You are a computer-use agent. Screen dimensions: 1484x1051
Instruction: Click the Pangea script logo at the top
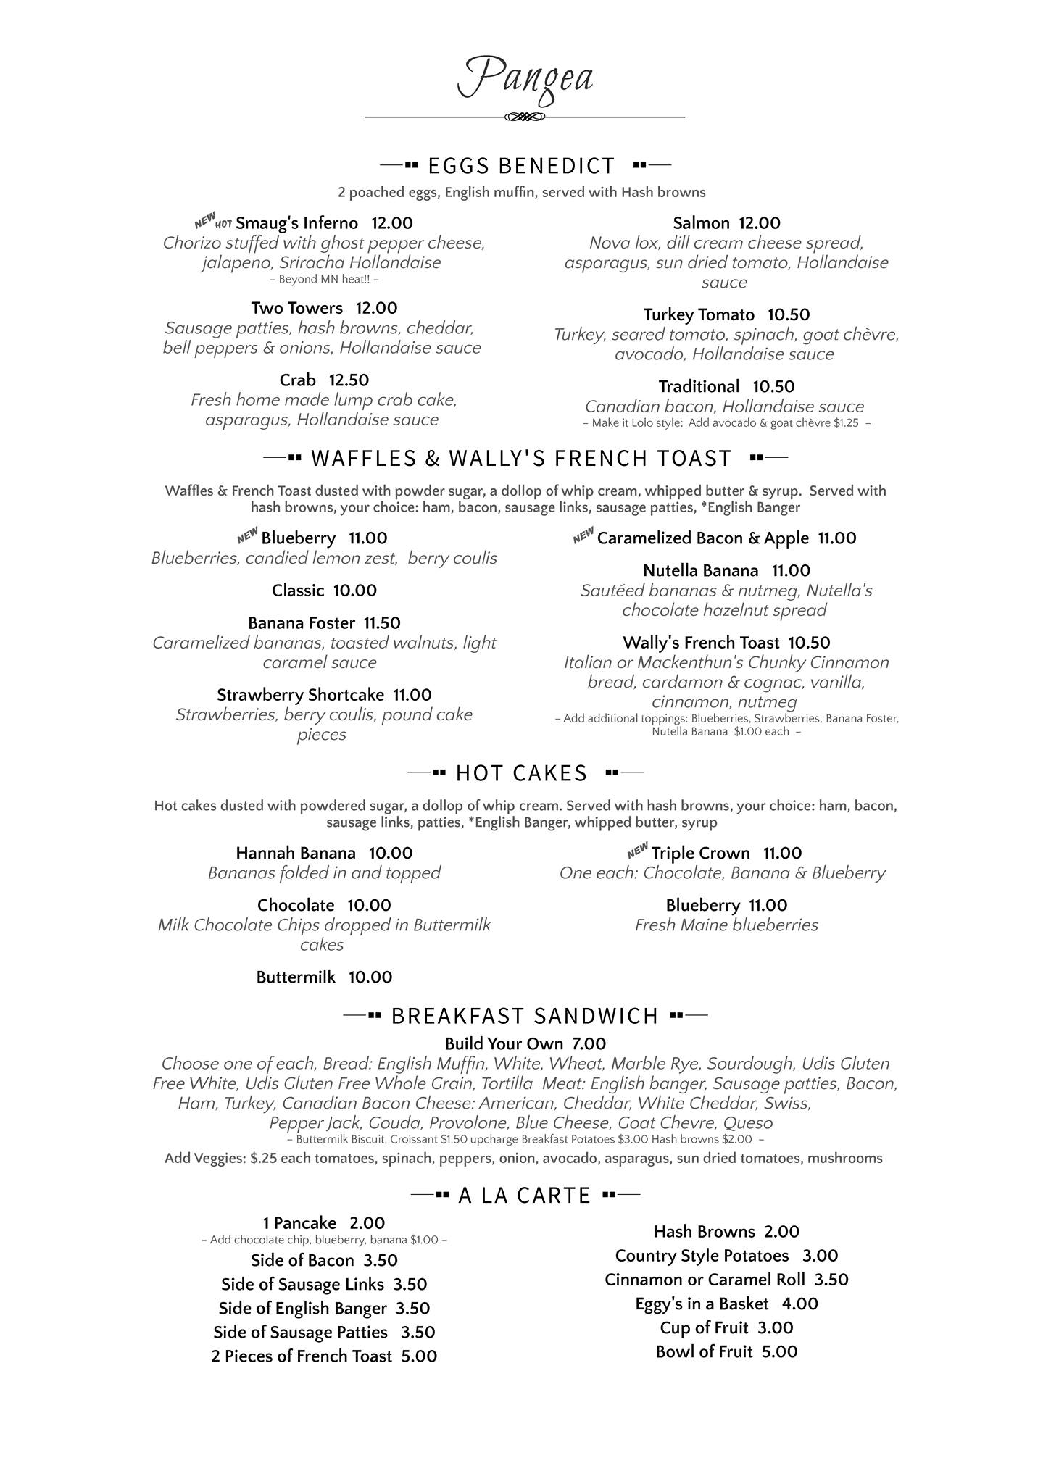click(x=525, y=78)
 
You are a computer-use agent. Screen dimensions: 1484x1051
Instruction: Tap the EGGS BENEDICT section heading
click(x=521, y=166)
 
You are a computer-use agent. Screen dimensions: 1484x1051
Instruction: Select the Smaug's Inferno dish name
click(x=296, y=222)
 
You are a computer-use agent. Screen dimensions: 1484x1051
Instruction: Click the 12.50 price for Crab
click(x=349, y=380)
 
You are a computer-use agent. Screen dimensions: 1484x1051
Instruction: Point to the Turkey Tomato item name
click(x=699, y=314)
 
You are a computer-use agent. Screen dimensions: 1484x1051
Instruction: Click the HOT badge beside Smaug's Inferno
click(x=224, y=225)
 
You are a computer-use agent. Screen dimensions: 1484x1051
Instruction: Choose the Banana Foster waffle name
click(x=302, y=623)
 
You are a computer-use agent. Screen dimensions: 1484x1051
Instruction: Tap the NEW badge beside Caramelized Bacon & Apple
click(x=583, y=536)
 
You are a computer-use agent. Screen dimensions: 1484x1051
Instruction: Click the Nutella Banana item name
click(x=700, y=571)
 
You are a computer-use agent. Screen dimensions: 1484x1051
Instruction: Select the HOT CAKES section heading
click(x=521, y=773)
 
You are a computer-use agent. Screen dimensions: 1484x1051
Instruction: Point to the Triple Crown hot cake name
click(x=700, y=854)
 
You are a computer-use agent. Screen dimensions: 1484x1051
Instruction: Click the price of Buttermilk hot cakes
click(x=370, y=977)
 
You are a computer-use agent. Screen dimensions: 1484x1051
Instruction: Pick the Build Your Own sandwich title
click(x=504, y=1044)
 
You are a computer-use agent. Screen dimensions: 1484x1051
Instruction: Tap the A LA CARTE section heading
click(x=525, y=1195)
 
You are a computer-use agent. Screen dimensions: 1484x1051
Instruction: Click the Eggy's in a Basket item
click(x=702, y=1304)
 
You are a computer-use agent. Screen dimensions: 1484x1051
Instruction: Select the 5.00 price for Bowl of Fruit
click(x=779, y=1351)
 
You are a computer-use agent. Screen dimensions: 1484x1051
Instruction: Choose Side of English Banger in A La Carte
click(x=302, y=1308)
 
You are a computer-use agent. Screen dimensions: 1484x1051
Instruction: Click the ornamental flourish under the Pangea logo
click(x=524, y=117)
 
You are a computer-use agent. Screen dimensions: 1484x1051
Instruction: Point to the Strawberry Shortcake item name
click(x=300, y=695)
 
